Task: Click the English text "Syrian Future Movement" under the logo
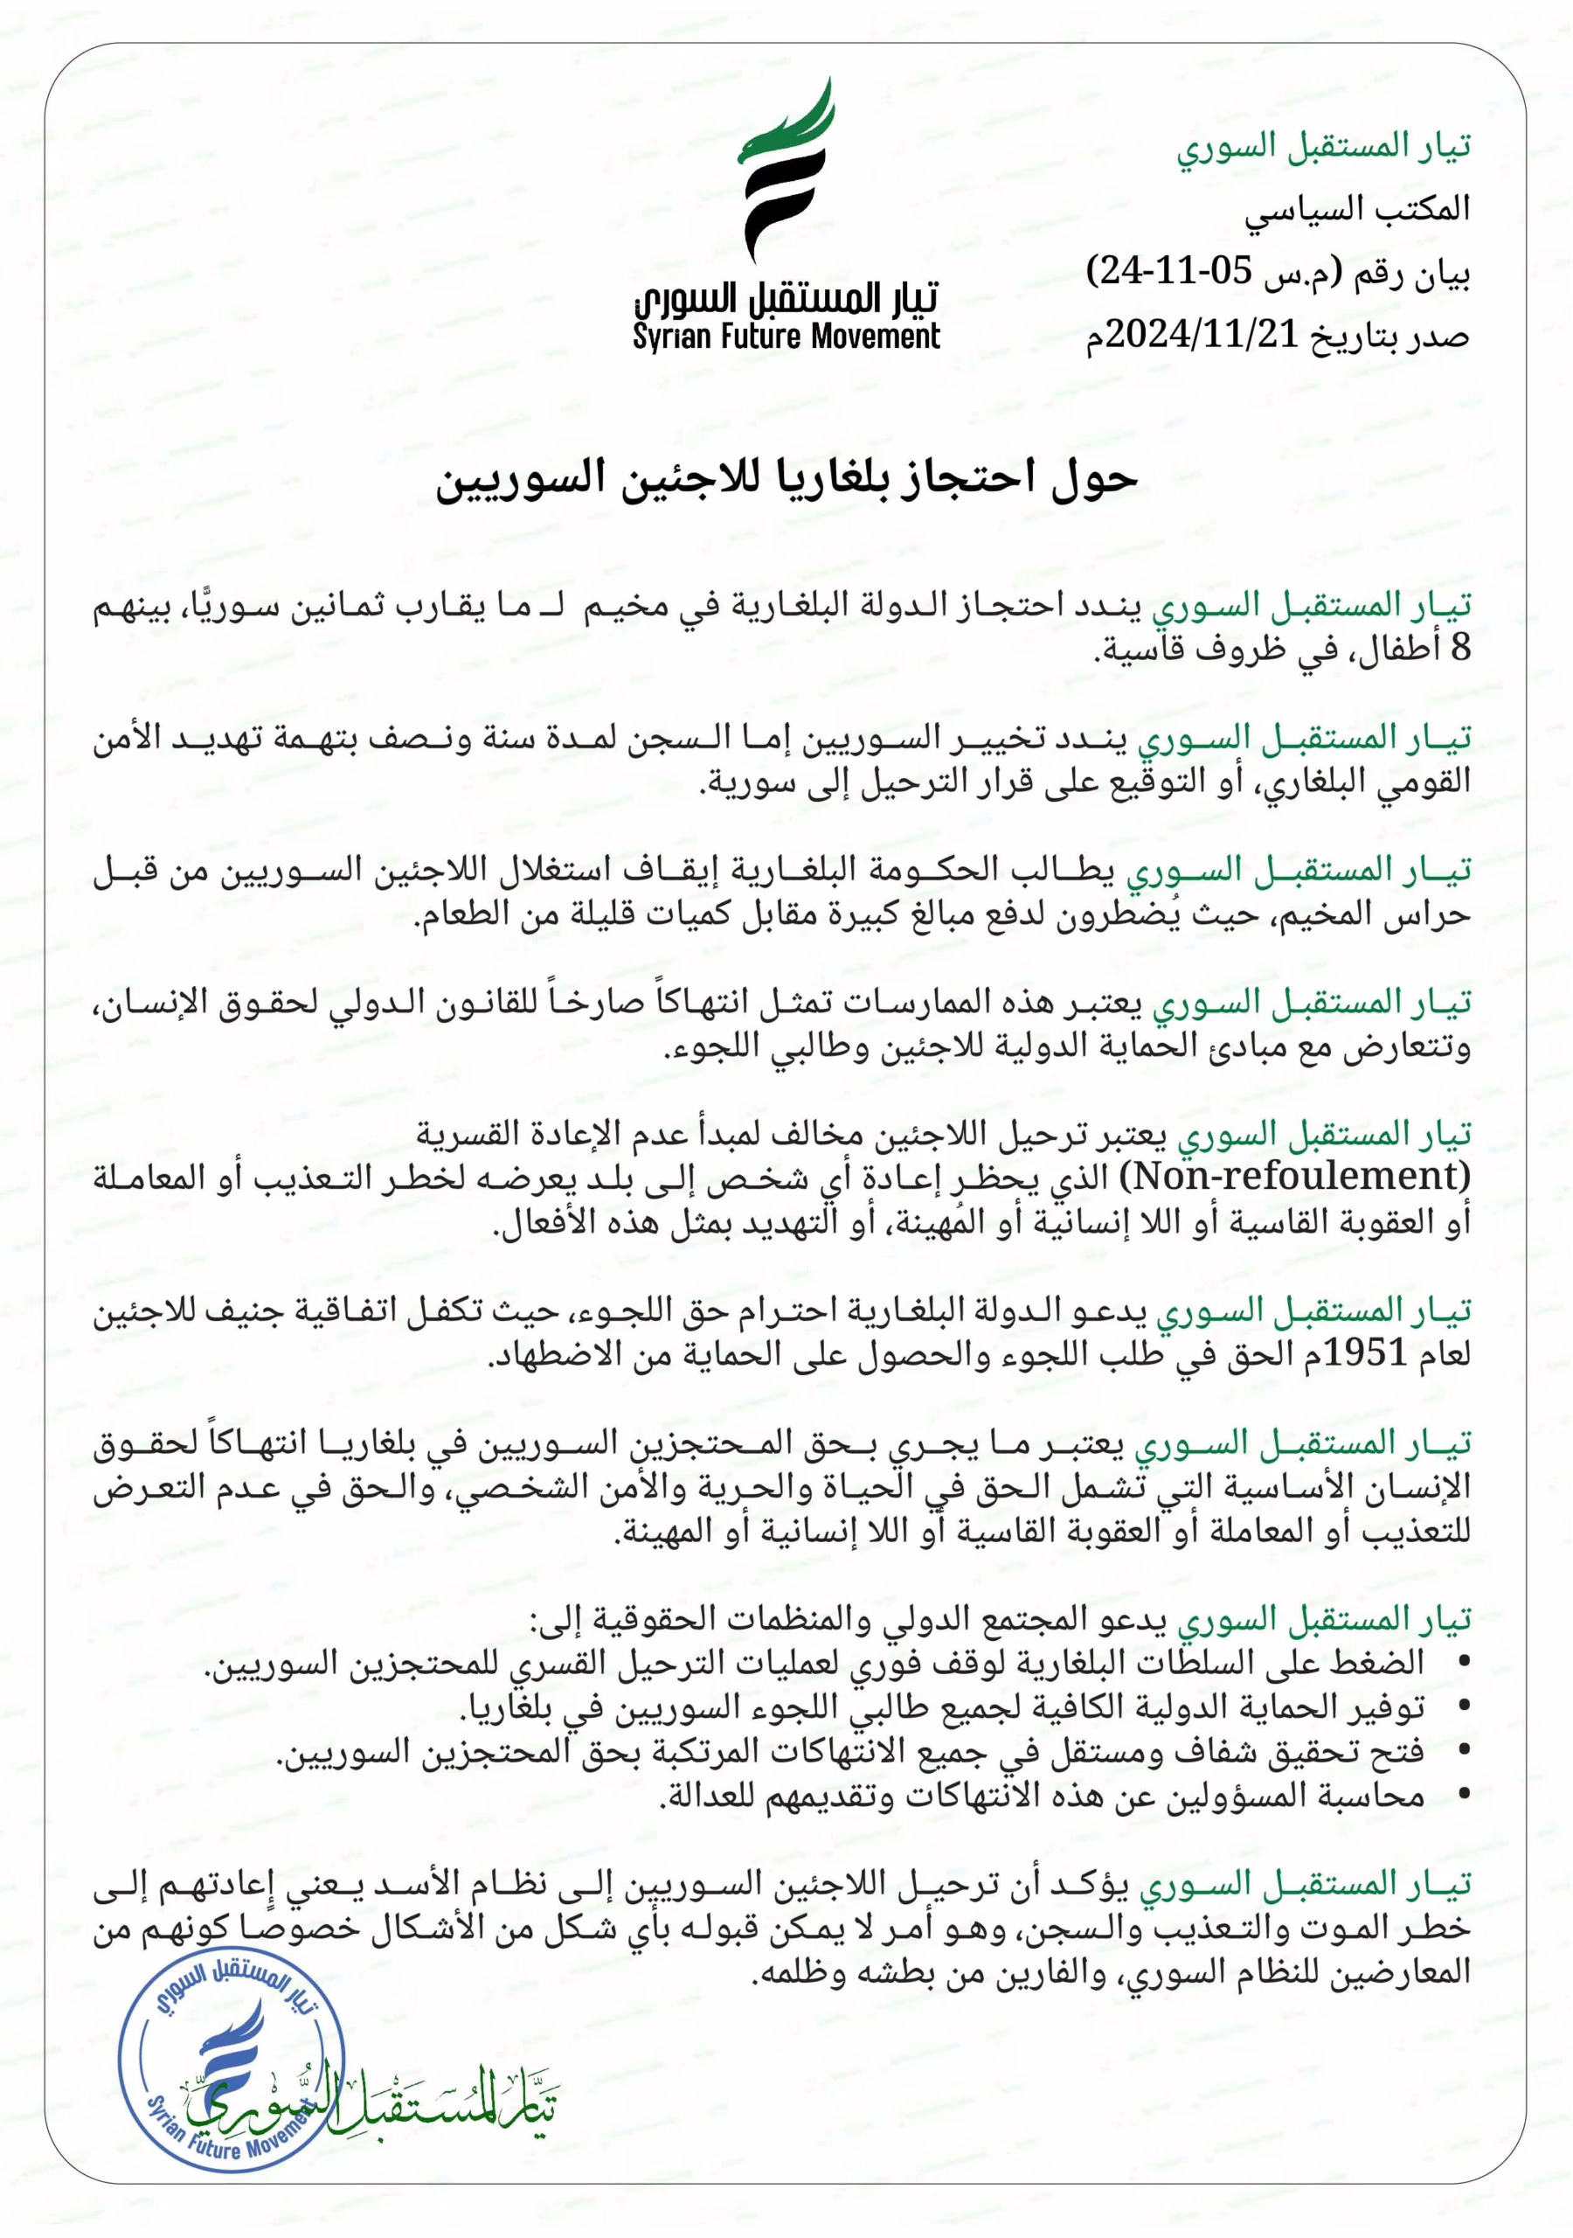(786, 337)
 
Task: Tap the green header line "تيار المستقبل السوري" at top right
(1322, 147)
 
